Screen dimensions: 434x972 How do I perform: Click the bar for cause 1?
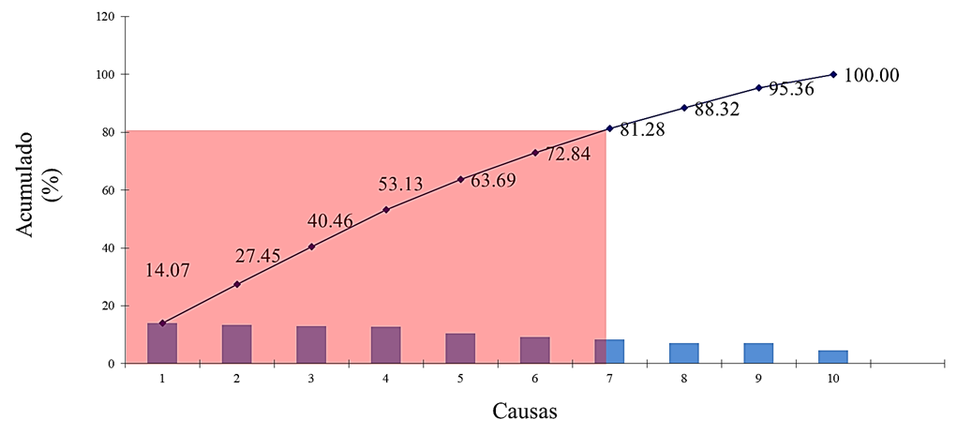[x=162, y=343]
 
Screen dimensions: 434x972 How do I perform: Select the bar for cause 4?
[x=385, y=345]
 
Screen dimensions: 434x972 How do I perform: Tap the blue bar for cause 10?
[x=833, y=356]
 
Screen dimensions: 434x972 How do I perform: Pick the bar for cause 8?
[x=684, y=353]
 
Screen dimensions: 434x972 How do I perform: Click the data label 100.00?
[x=872, y=76]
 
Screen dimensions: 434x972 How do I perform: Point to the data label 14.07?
[x=168, y=271]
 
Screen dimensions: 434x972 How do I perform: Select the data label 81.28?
[x=642, y=130]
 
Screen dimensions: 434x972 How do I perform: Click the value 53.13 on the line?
[x=401, y=185]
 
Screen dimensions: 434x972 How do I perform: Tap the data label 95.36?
[x=791, y=90]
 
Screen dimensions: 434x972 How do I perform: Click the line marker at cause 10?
[x=833, y=74]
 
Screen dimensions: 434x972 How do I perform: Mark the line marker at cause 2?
[x=237, y=284]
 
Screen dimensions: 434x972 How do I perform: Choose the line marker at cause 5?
[x=460, y=179]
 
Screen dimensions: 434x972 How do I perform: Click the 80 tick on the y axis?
[x=107, y=132]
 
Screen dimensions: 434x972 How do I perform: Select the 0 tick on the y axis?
[x=111, y=364]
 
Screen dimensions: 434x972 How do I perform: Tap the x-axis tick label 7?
[x=609, y=378]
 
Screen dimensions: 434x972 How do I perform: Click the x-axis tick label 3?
[x=311, y=378]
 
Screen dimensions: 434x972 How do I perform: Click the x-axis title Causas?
[x=527, y=411]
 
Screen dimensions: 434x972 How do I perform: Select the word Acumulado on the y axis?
[x=28, y=185]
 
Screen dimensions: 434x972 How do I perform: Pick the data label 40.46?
[x=331, y=222]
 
